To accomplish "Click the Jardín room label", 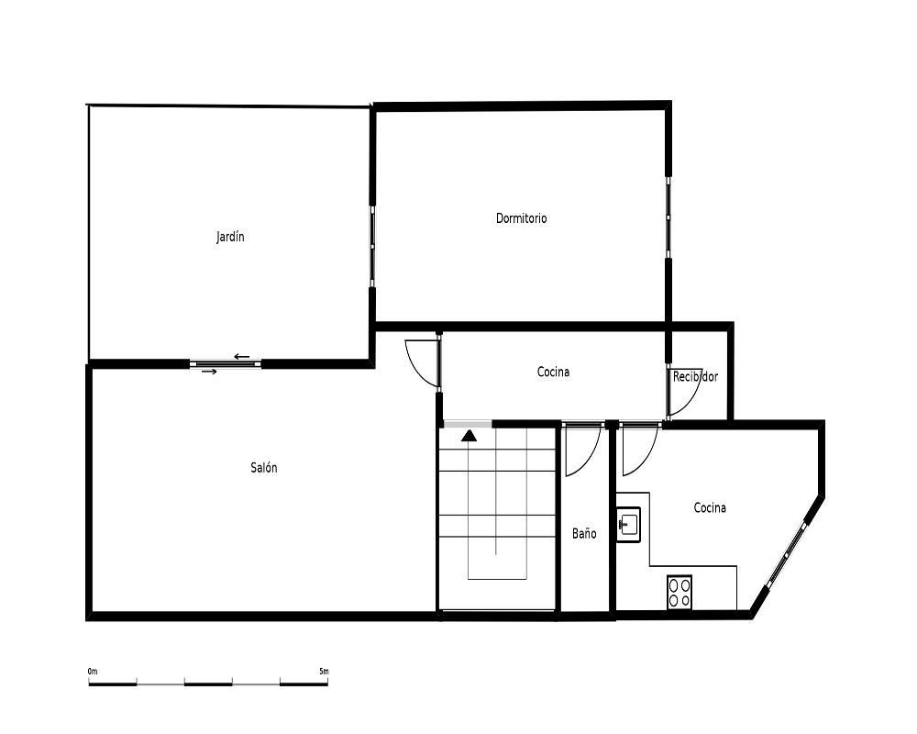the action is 230,237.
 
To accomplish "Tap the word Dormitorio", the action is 521,218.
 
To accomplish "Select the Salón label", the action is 264,468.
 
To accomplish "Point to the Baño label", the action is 584,533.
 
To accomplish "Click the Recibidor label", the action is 695,377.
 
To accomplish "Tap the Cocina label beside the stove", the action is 710,508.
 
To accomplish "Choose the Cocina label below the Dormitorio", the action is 553,372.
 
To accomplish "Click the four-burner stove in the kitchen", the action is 679,593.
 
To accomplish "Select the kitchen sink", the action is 629,525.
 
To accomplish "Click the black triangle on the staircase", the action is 469,436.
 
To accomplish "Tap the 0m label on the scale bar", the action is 93,671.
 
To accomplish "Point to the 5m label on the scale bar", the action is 324,671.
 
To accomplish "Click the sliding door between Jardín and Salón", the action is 226,364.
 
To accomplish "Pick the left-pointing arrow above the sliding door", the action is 241,357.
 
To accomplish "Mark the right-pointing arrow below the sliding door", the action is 209,372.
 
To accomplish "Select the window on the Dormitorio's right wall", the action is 668,217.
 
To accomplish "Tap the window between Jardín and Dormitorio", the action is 372,246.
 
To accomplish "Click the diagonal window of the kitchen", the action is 788,552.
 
